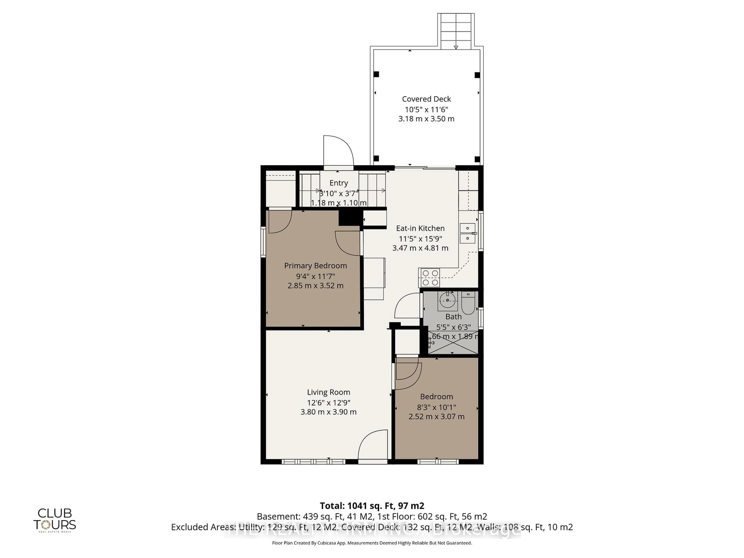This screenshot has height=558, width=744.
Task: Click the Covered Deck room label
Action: click(x=426, y=99)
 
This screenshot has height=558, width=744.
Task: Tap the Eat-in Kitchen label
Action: click(x=420, y=228)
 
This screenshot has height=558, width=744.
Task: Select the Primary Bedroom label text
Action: click(x=315, y=265)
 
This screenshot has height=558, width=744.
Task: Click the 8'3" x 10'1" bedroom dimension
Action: click(x=436, y=407)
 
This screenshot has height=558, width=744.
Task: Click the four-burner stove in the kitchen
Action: click(x=430, y=278)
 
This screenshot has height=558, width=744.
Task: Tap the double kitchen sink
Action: click(x=468, y=233)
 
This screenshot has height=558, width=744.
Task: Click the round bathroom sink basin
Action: click(x=447, y=300)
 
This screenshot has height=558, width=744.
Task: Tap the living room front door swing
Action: click(x=373, y=445)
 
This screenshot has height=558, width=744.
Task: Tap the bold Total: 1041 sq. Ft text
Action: click(x=372, y=505)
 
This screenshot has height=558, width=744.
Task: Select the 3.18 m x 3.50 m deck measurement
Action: click(x=426, y=119)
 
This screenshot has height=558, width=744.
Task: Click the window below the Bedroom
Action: click(x=438, y=462)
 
